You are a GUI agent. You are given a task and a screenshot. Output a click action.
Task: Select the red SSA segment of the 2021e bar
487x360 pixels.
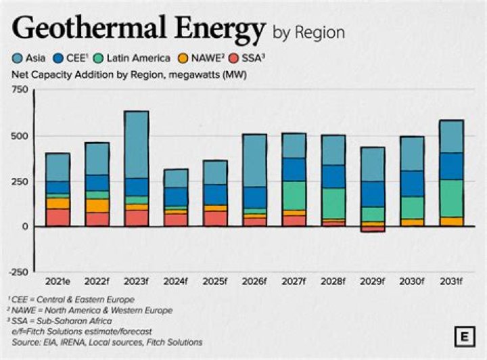[57, 217]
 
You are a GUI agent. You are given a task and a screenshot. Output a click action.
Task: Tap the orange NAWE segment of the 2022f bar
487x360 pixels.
[97, 206]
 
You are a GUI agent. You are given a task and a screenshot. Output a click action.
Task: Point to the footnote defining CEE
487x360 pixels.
[71, 298]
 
